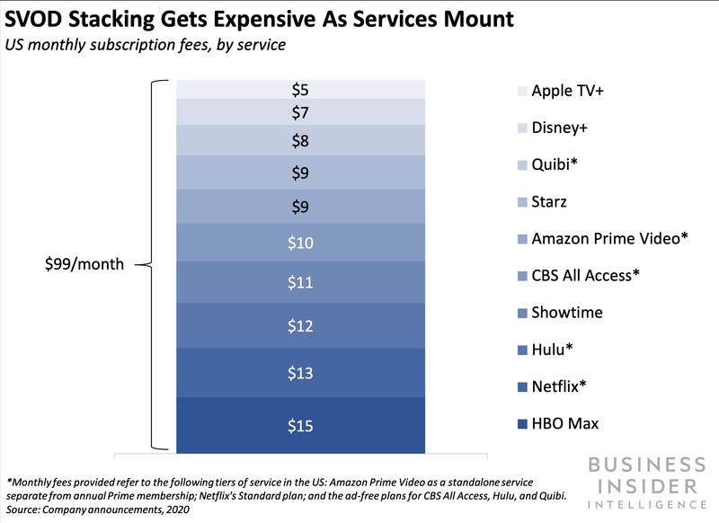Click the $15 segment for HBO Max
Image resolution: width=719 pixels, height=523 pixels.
(x=301, y=425)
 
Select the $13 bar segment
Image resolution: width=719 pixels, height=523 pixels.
(x=301, y=373)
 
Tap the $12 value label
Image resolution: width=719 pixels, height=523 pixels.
(x=301, y=325)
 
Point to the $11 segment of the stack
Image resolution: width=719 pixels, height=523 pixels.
(x=301, y=282)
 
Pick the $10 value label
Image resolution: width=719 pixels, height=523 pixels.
(x=301, y=243)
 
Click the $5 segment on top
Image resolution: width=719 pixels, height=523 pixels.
(x=301, y=89)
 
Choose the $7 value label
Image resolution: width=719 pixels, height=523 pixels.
(x=301, y=113)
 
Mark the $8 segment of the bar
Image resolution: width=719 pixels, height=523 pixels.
(x=301, y=141)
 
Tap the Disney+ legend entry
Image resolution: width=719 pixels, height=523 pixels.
(x=559, y=128)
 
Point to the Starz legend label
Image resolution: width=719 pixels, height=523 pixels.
(x=550, y=201)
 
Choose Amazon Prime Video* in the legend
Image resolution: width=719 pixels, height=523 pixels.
(x=609, y=238)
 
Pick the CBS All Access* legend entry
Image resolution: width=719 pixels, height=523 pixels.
(x=585, y=275)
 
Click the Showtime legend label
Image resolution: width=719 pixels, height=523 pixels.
(x=567, y=312)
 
